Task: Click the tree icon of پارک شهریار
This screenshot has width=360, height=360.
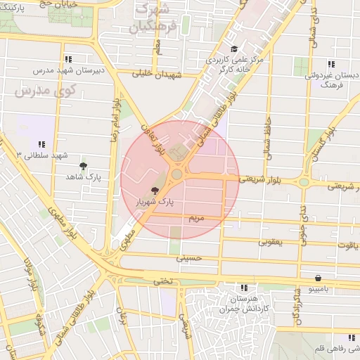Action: pos(155,191)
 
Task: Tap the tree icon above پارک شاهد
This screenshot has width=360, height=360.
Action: pos(84,167)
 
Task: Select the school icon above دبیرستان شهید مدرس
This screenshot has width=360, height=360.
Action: pos(67,60)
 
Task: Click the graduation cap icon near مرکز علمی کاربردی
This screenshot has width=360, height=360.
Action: pos(233,49)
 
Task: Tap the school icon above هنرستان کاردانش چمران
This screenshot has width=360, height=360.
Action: pos(244,288)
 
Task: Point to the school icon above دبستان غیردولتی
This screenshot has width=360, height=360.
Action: pos(330,63)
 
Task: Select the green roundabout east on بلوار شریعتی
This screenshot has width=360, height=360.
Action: pos(304,182)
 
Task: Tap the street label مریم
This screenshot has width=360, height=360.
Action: pos(196,219)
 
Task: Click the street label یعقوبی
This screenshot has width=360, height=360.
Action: pos(270,242)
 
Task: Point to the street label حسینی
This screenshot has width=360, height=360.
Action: pos(189,258)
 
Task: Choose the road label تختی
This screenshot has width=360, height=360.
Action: pos(162,281)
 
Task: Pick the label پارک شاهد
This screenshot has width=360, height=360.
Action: pos(85,177)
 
